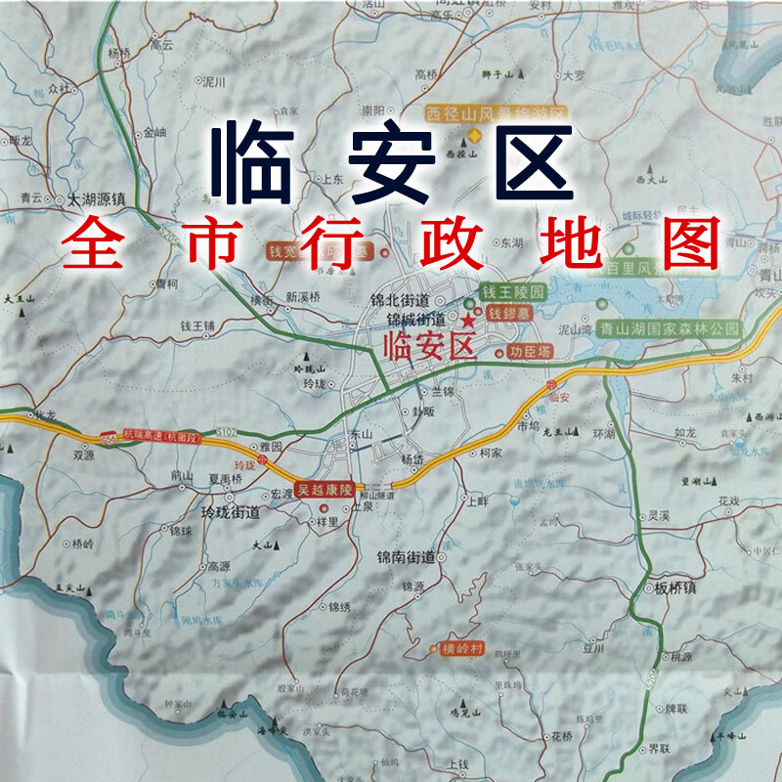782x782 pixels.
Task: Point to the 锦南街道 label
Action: click(x=406, y=557)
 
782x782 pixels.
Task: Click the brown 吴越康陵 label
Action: click(x=326, y=489)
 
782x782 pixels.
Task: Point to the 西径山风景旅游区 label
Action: click(x=496, y=113)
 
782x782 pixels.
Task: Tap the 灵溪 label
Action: click(x=658, y=515)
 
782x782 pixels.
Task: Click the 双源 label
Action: click(x=83, y=455)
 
